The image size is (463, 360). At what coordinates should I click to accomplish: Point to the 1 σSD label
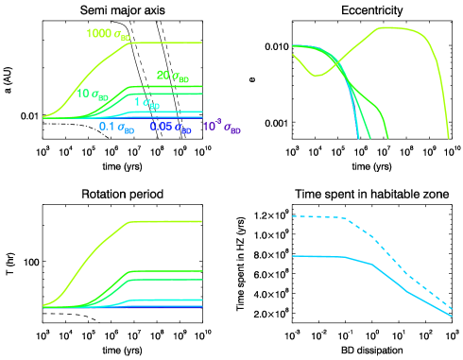coord(147,101)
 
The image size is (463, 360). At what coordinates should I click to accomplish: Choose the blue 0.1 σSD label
coord(116,126)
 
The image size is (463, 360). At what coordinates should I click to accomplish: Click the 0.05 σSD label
coord(172,126)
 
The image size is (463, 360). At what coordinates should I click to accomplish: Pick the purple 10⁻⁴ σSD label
coord(222,126)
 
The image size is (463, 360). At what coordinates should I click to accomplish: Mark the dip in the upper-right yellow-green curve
coord(318,74)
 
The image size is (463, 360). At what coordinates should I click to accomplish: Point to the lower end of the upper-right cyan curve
coord(359,137)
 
